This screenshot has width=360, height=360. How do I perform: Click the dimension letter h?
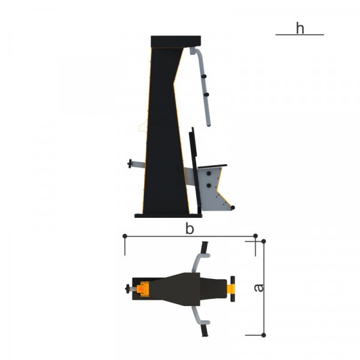tap(300, 28)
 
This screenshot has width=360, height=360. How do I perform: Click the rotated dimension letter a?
tap(259, 288)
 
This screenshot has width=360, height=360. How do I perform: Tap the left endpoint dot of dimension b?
tap(125, 236)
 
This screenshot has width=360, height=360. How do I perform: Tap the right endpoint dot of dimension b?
tap(256, 236)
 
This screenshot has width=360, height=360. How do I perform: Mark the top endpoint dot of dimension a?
tap(263, 241)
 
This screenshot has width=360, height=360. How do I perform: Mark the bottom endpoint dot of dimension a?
tap(263, 335)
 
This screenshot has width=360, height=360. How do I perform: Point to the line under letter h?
tap(299, 35)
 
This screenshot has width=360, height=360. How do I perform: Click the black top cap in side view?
tap(176, 41)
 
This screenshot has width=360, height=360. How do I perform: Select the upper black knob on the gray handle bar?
tap(204, 76)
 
